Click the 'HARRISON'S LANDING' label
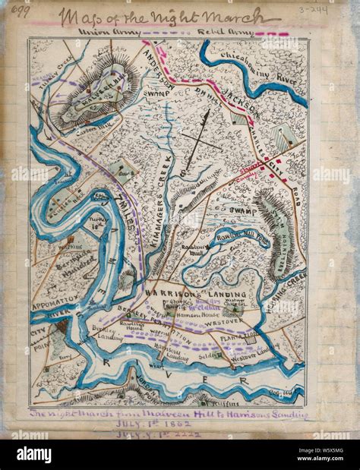pos(195,294)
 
